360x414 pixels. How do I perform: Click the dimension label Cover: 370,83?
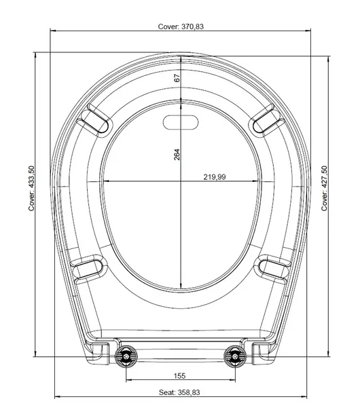point(181,26)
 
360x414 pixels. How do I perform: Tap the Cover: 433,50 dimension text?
point(31,188)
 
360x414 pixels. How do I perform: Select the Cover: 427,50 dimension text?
point(324,188)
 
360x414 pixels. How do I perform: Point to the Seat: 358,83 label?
point(179,392)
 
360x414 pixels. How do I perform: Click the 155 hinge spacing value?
point(179,375)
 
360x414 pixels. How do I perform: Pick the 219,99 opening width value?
point(215,177)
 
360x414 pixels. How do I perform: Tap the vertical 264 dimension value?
point(177,155)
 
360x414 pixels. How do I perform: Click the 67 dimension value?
point(177,78)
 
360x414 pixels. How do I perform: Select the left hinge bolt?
point(126,356)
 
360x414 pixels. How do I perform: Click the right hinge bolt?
point(235,356)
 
